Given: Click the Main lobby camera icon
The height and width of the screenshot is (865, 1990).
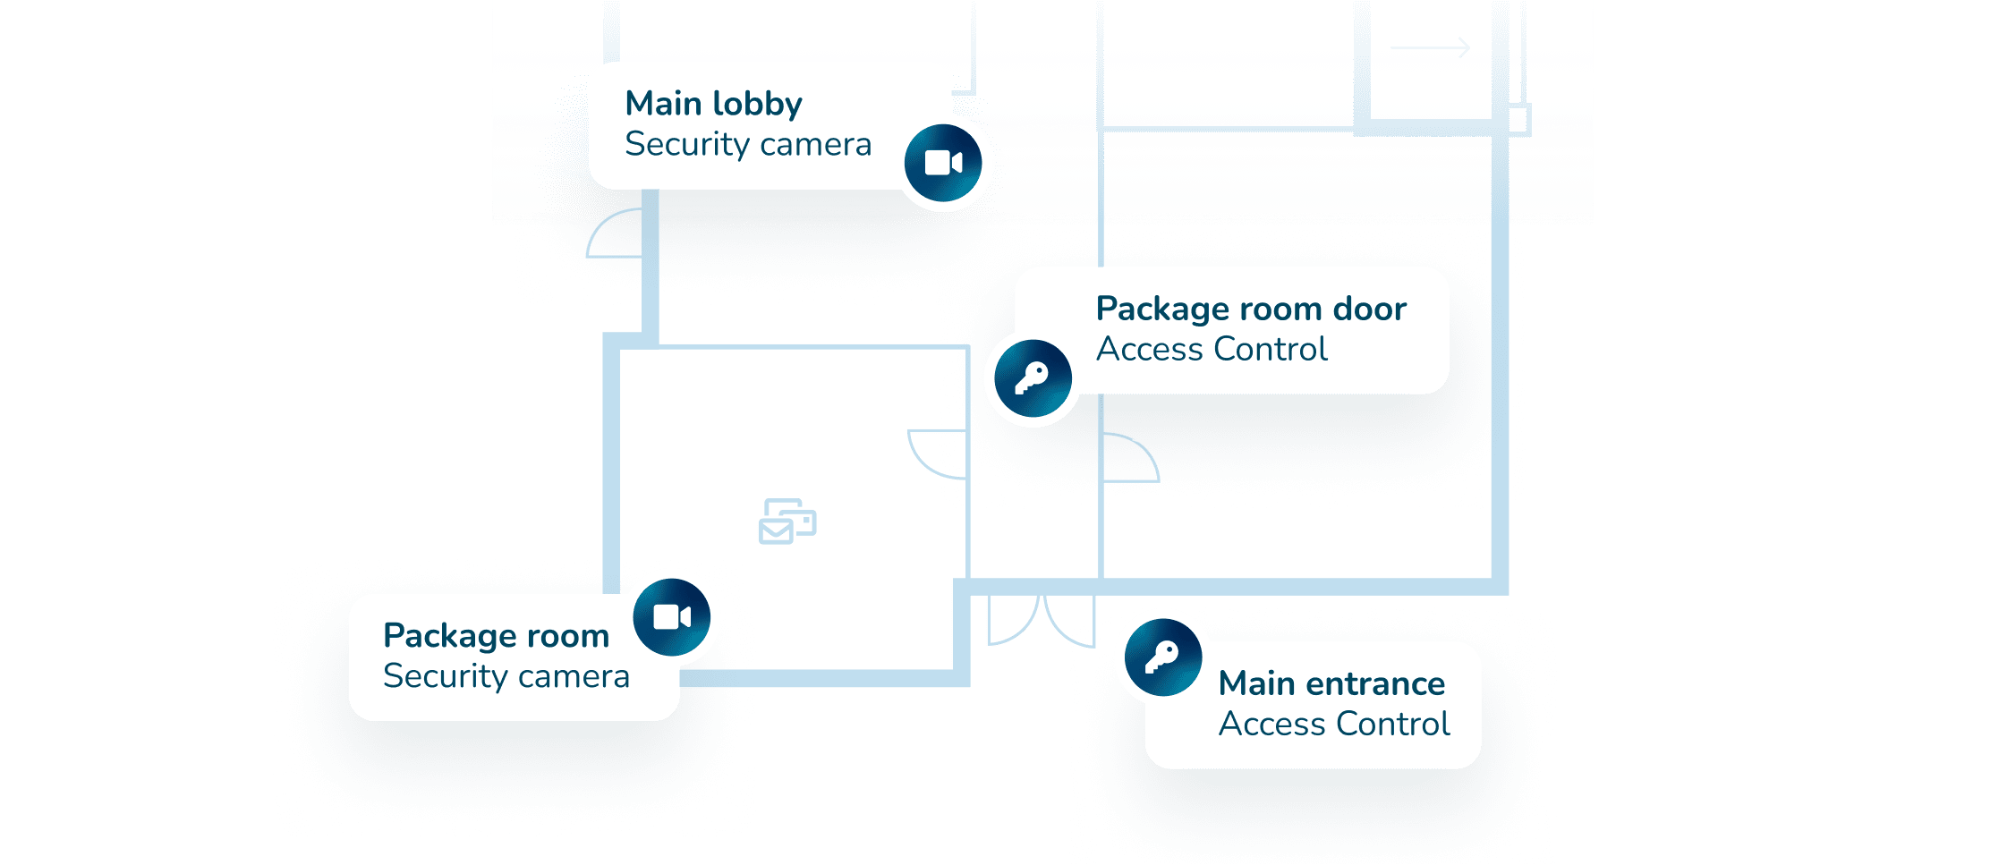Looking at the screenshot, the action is [x=943, y=163].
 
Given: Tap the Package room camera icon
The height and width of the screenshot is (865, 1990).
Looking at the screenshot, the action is [x=672, y=617].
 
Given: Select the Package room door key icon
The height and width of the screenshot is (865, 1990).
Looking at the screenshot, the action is [x=1033, y=378].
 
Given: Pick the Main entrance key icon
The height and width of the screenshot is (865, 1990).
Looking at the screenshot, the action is [x=1163, y=657].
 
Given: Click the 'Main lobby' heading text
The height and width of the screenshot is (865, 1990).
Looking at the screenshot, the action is [x=713, y=104].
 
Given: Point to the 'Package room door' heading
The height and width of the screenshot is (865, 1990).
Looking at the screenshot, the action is [x=1251, y=309].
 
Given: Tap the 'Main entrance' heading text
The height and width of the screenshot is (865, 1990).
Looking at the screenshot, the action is [x=1331, y=683].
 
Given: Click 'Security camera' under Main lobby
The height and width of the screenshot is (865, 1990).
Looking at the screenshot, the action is [x=748, y=144].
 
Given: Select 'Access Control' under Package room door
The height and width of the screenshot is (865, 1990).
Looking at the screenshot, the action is [x=1212, y=349].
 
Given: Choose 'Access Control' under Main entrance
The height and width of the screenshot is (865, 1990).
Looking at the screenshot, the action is [x=1334, y=724].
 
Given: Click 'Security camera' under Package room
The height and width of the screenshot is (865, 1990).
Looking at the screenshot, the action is [x=506, y=676].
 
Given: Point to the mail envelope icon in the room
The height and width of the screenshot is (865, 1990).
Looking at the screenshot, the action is [x=787, y=522].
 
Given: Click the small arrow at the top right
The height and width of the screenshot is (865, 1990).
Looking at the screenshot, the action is [x=1430, y=47].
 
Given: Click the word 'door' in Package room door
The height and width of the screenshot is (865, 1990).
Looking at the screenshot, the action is [x=1370, y=309].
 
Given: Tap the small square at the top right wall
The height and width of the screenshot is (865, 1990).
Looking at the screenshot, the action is [x=1518, y=120].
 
